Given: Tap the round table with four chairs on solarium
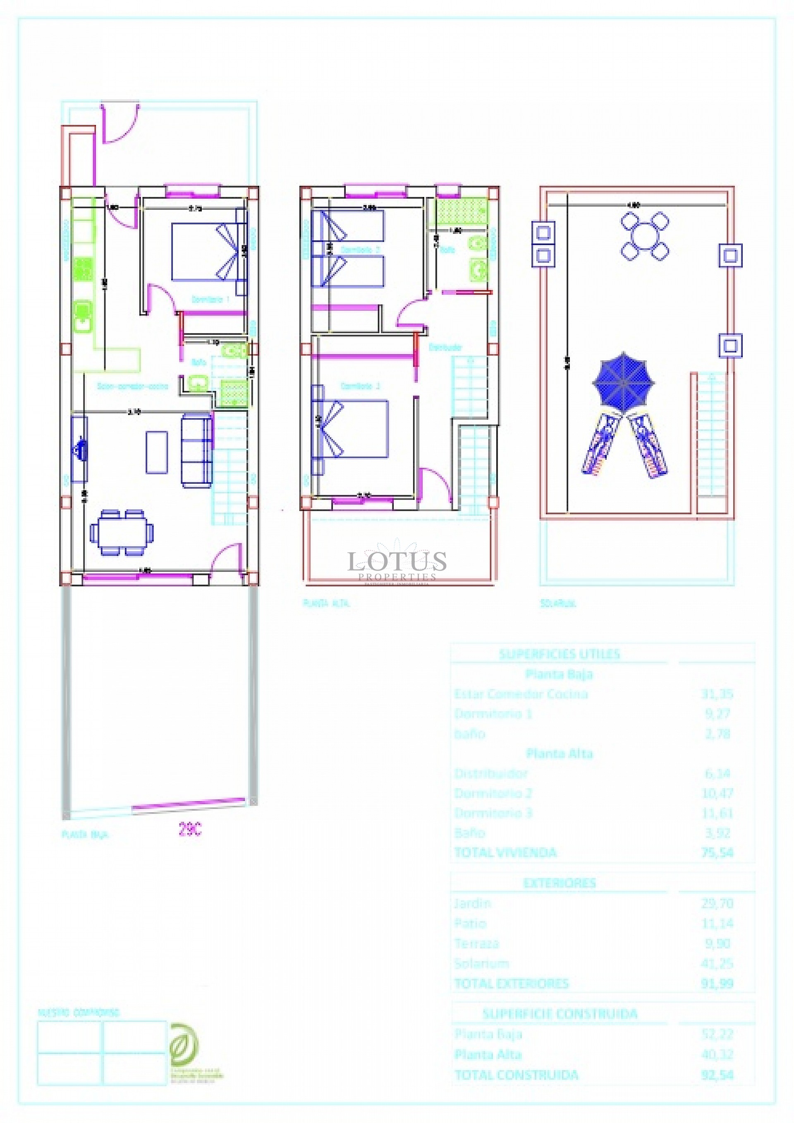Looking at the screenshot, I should [x=645, y=236].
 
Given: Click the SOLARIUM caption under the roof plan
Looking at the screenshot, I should [x=558, y=604].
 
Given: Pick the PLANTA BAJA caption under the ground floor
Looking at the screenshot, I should [x=85, y=835].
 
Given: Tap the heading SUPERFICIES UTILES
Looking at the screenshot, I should [x=560, y=654].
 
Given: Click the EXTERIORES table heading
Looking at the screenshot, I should [x=560, y=883].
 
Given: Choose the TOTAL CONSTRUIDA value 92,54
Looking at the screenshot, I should [x=717, y=1075].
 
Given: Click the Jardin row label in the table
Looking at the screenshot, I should [x=472, y=903].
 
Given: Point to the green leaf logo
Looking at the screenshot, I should [x=184, y=1045].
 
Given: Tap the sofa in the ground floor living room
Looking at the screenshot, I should [x=197, y=450].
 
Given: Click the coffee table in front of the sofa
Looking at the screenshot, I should [x=157, y=452].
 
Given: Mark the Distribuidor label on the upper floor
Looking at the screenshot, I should [x=445, y=347].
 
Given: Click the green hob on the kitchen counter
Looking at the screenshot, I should [x=83, y=269].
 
